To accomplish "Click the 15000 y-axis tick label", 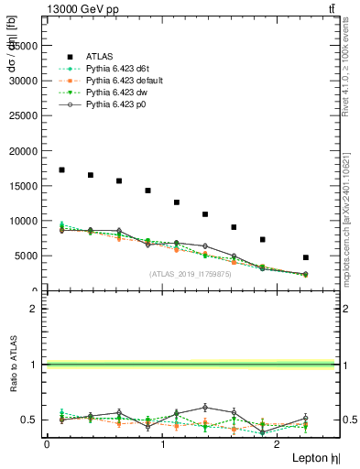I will pyautogui.click(x=25, y=186).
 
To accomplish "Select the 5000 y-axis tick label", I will pyautogui.click(x=27, y=256).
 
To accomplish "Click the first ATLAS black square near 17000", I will pyautogui.click(x=61, y=169).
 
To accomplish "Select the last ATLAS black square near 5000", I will pyautogui.click(x=306, y=257).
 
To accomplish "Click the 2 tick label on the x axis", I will pyautogui.click(x=279, y=444).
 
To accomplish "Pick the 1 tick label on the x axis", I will pyautogui.click(x=163, y=444).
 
